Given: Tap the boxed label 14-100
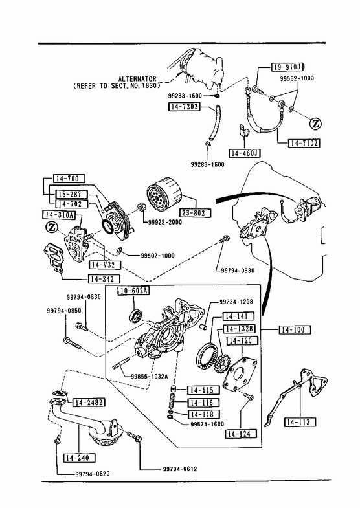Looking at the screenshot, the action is [295, 330].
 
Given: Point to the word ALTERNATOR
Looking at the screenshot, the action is [137, 79].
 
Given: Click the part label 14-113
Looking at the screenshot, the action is [300, 422].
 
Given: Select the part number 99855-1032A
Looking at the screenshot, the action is [150, 377].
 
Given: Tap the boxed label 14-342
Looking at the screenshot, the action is [104, 279].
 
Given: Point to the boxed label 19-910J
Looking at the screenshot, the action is [287, 67].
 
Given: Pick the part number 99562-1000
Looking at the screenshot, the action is [297, 78].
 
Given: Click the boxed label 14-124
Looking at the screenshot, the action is [240, 434].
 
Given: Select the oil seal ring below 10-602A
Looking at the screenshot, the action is [135, 316].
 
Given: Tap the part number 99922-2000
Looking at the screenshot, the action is [165, 222].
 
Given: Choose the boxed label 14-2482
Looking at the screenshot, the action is [89, 403].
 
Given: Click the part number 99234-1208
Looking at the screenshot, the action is [236, 302].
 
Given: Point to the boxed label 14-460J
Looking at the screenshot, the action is [245, 153].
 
